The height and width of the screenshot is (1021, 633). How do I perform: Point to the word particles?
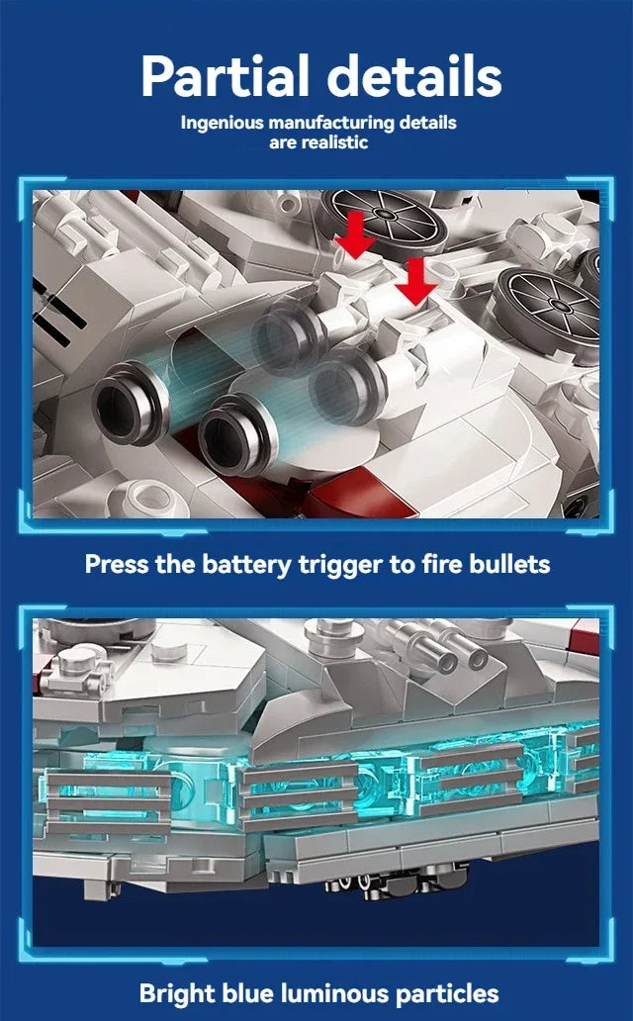click(x=459, y=992)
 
